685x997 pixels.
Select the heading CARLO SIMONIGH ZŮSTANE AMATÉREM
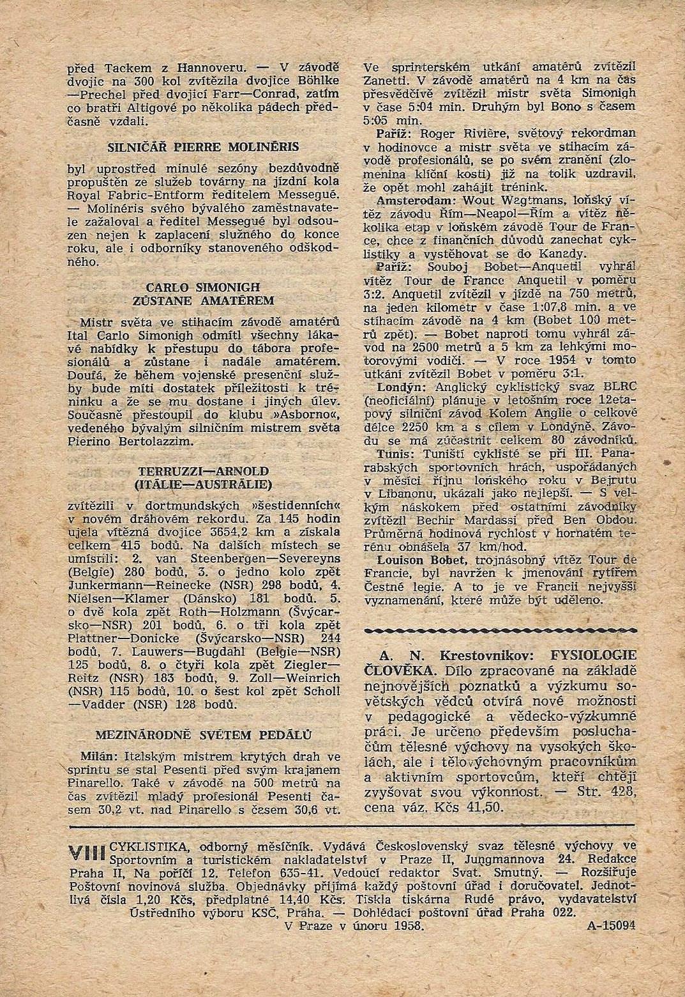pyautogui.click(x=204, y=293)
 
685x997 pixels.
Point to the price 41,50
pyautogui.click(x=488, y=808)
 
